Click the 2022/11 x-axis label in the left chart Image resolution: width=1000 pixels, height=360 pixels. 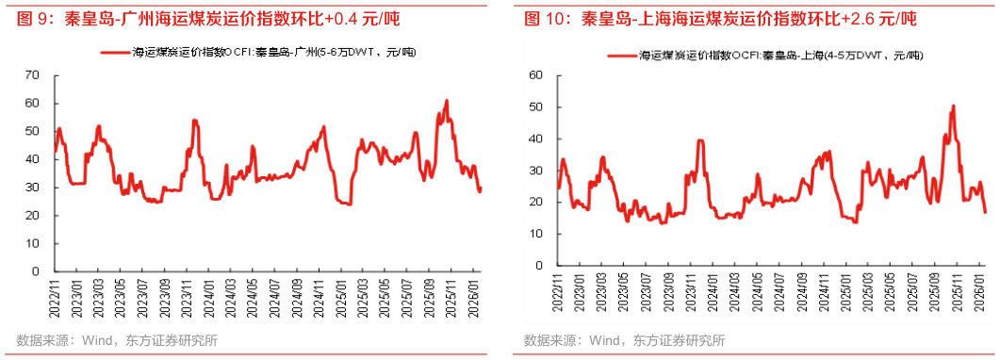[x=55, y=300]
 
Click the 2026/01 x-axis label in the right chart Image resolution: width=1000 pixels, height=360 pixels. [x=982, y=300]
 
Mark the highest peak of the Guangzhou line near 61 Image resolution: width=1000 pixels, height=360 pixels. [x=446, y=100]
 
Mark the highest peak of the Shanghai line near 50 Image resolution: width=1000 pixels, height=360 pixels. [x=954, y=106]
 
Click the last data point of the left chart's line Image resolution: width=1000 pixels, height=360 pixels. [x=481, y=188]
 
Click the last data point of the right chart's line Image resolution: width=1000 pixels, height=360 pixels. [x=985, y=212]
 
